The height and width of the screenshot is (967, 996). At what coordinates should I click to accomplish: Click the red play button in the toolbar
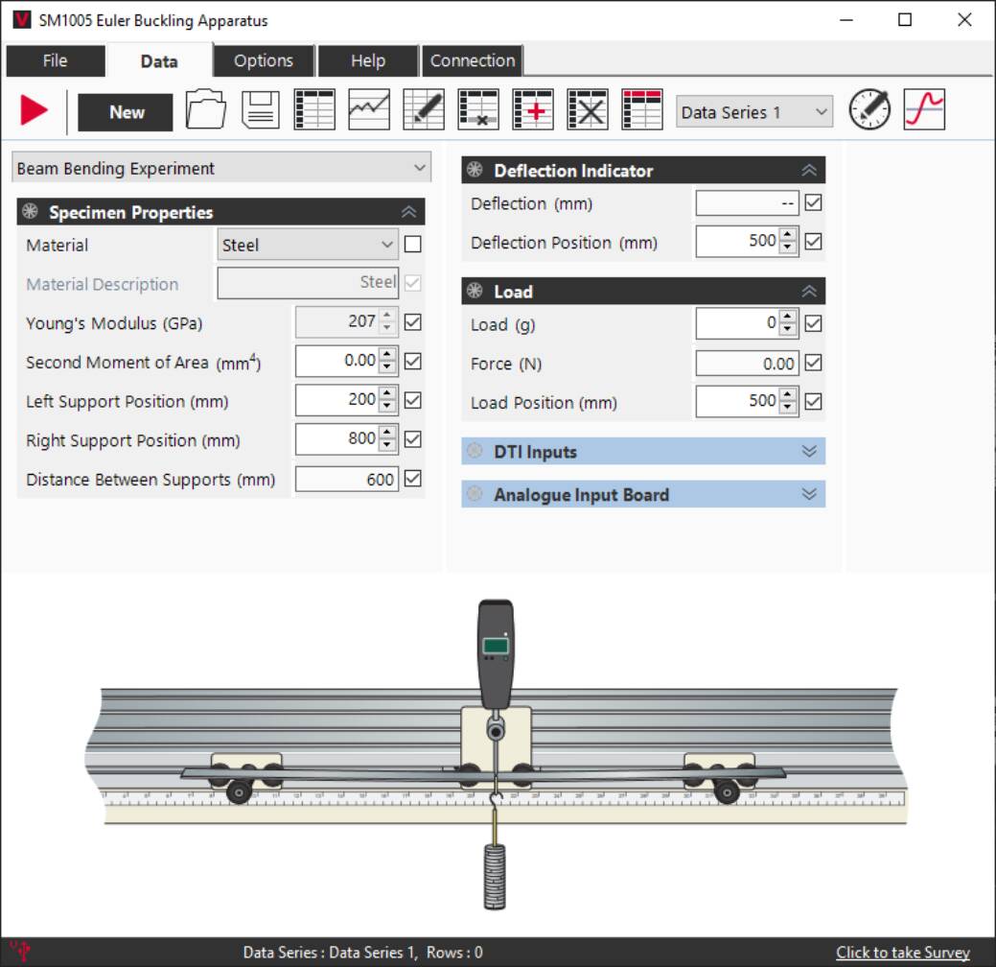[34, 110]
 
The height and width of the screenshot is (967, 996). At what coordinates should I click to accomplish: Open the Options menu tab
[263, 60]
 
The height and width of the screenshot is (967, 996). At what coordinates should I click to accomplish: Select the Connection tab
[472, 60]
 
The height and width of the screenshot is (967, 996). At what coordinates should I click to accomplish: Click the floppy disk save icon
[260, 110]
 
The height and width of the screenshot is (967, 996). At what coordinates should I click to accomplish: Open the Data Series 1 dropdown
[753, 112]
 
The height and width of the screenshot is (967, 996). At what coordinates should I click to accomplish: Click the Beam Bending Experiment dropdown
[221, 168]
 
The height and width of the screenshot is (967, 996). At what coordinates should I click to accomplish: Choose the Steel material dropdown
[307, 245]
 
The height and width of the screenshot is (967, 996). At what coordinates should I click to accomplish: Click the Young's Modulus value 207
[338, 322]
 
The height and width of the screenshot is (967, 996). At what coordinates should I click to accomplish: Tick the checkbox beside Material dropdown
[412, 245]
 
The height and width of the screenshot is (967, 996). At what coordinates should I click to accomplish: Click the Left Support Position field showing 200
[336, 400]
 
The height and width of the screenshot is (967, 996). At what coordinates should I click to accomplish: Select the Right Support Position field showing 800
[336, 439]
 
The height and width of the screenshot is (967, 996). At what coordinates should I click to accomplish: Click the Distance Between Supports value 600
[346, 479]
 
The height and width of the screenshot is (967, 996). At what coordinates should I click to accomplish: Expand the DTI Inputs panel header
[642, 452]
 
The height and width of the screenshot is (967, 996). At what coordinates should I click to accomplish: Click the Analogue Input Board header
[642, 495]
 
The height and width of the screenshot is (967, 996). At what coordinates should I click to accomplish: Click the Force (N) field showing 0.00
[747, 364]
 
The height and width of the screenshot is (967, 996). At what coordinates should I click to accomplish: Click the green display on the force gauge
[496, 645]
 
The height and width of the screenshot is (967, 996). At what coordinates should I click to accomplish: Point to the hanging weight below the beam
[495, 875]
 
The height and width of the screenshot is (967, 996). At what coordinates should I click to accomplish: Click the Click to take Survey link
[902, 953]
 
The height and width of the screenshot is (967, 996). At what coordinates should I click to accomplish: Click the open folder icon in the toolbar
[205, 110]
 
